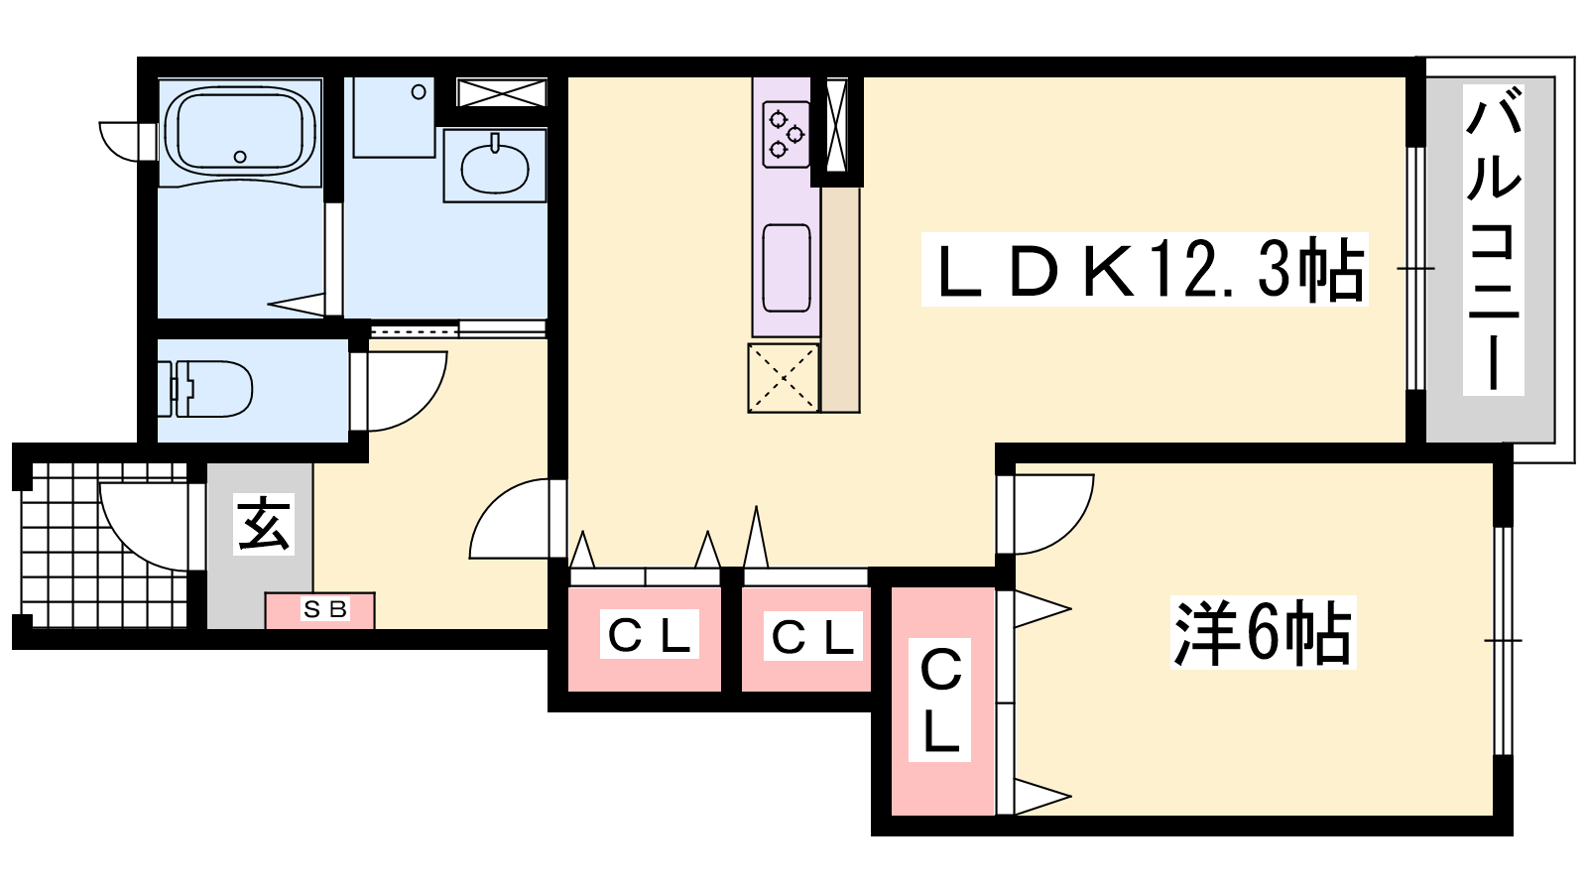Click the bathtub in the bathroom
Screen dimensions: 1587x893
coord(240,133)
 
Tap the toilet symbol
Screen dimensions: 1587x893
coord(204,388)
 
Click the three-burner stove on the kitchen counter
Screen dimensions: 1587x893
coord(786,134)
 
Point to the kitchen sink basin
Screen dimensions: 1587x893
coord(787,268)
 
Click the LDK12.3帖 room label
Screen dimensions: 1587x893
coord(1145,270)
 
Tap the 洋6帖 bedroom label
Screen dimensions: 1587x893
coord(1263,633)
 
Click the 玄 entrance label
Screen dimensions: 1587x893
coord(264,525)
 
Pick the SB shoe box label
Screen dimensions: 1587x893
coord(325,609)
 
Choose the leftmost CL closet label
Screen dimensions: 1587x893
coord(649,635)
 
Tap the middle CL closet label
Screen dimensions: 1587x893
coord(812,636)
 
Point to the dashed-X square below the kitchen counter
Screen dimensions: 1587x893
coord(783,378)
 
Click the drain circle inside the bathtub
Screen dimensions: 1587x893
coord(240,157)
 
